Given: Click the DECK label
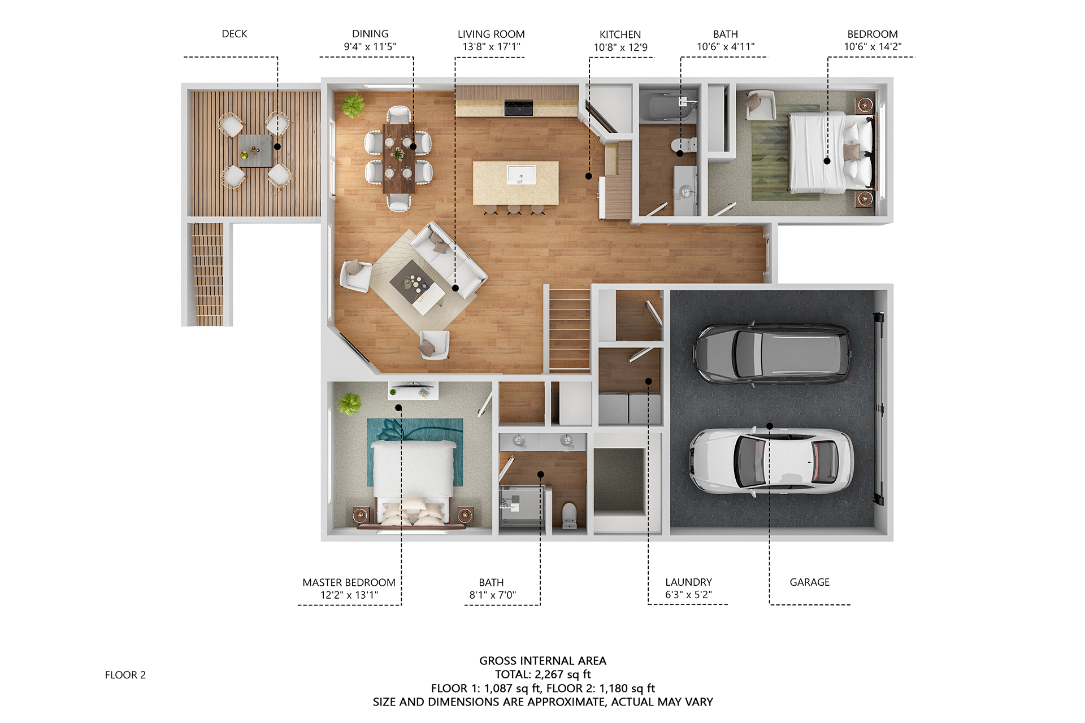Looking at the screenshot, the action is coord(235,34).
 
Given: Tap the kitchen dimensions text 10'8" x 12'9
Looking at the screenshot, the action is coord(620,47).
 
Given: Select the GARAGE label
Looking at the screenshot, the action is coord(810,582).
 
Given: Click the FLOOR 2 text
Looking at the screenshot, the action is coord(125,675).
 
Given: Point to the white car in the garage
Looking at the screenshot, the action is coord(771,461).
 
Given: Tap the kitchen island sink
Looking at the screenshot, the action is coord(520,175).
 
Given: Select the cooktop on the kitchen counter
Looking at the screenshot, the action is coord(519,108).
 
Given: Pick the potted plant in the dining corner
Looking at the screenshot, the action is coord(353,105).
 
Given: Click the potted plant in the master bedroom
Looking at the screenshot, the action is coord(349,404).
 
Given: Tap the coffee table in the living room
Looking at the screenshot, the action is coord(417,288).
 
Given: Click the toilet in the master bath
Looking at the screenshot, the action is coord(570,515).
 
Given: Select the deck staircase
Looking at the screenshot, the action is coord(208,275).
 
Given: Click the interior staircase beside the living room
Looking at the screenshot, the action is coord(570,330).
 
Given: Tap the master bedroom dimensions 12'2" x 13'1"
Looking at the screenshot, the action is coord(349,595).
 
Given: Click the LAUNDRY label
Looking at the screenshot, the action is coord(689,582).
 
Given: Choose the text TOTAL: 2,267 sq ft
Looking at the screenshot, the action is coord(543,674).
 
